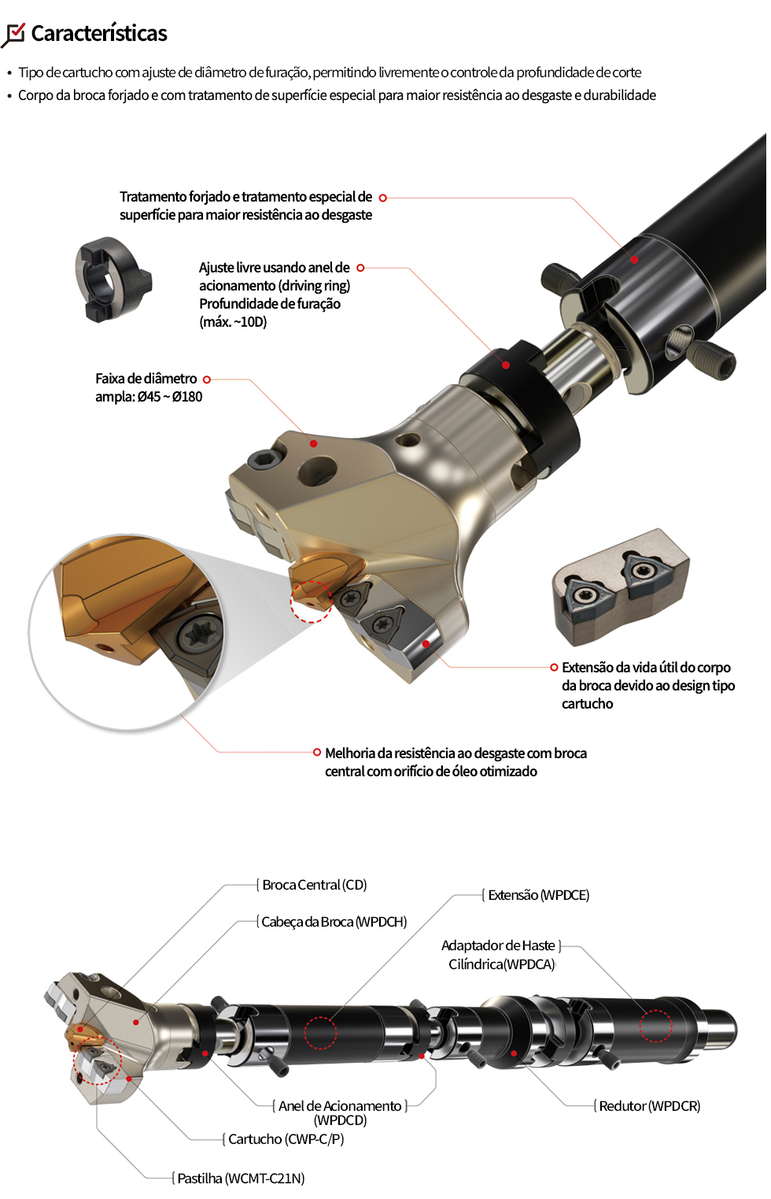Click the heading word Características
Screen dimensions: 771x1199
click(x=99, y=33)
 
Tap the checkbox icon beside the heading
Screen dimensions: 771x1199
click(x=13, y=35)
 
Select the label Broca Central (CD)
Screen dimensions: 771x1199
click(x=314, y=885)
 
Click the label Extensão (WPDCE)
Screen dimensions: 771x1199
click(x=538, y=895)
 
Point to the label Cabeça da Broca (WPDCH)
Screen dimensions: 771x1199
click(x=334, y=922)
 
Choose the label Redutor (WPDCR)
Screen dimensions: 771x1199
click(x=650, y=1106)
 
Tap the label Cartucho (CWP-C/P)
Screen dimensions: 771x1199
click(x=286, y=1139)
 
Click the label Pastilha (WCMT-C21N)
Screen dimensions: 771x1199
click(x=241, y=1179)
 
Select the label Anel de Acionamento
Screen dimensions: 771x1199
click(x=340, y=1106)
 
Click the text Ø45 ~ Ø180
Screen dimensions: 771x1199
click(x=170, y=397)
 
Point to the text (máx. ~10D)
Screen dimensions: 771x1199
click(x=233, y=322)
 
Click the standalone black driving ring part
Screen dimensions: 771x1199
click(x=113, y=279)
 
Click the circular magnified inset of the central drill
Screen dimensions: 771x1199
click(x=126, y=632)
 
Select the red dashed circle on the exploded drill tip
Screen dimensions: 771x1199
click(x=311, y=601)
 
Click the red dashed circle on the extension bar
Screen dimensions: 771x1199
click(x=320, y=1033)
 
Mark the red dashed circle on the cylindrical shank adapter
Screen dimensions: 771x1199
click(x=655, y=1026)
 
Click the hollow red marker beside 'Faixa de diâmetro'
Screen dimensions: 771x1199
click(x=207, y=379)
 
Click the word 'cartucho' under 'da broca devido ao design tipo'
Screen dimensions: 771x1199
click(x=587, y=703)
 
